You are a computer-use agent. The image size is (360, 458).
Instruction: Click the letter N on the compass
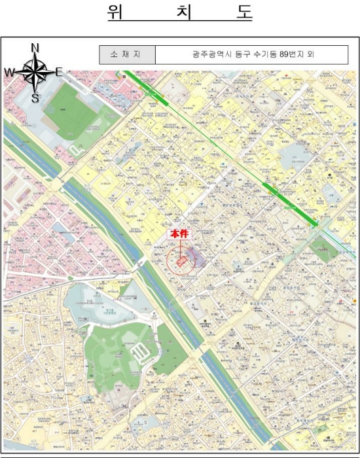[x=35, y=47]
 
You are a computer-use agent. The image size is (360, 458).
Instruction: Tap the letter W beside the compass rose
[x=9, y=73]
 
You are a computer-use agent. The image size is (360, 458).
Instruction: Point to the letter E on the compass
[x=59, y=72]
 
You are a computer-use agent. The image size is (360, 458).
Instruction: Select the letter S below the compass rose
[x=35, y=99]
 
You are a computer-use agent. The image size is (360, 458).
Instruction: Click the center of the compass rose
[x=35, y=72]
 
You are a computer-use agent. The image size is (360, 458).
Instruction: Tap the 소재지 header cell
[x=127, y=54]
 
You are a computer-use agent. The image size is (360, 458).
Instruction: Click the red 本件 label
[x=179, y=234]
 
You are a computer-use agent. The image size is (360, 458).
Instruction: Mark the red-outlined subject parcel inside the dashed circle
[x=181, y=262]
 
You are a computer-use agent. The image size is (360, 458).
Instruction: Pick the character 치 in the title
[x=179, y=14]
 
